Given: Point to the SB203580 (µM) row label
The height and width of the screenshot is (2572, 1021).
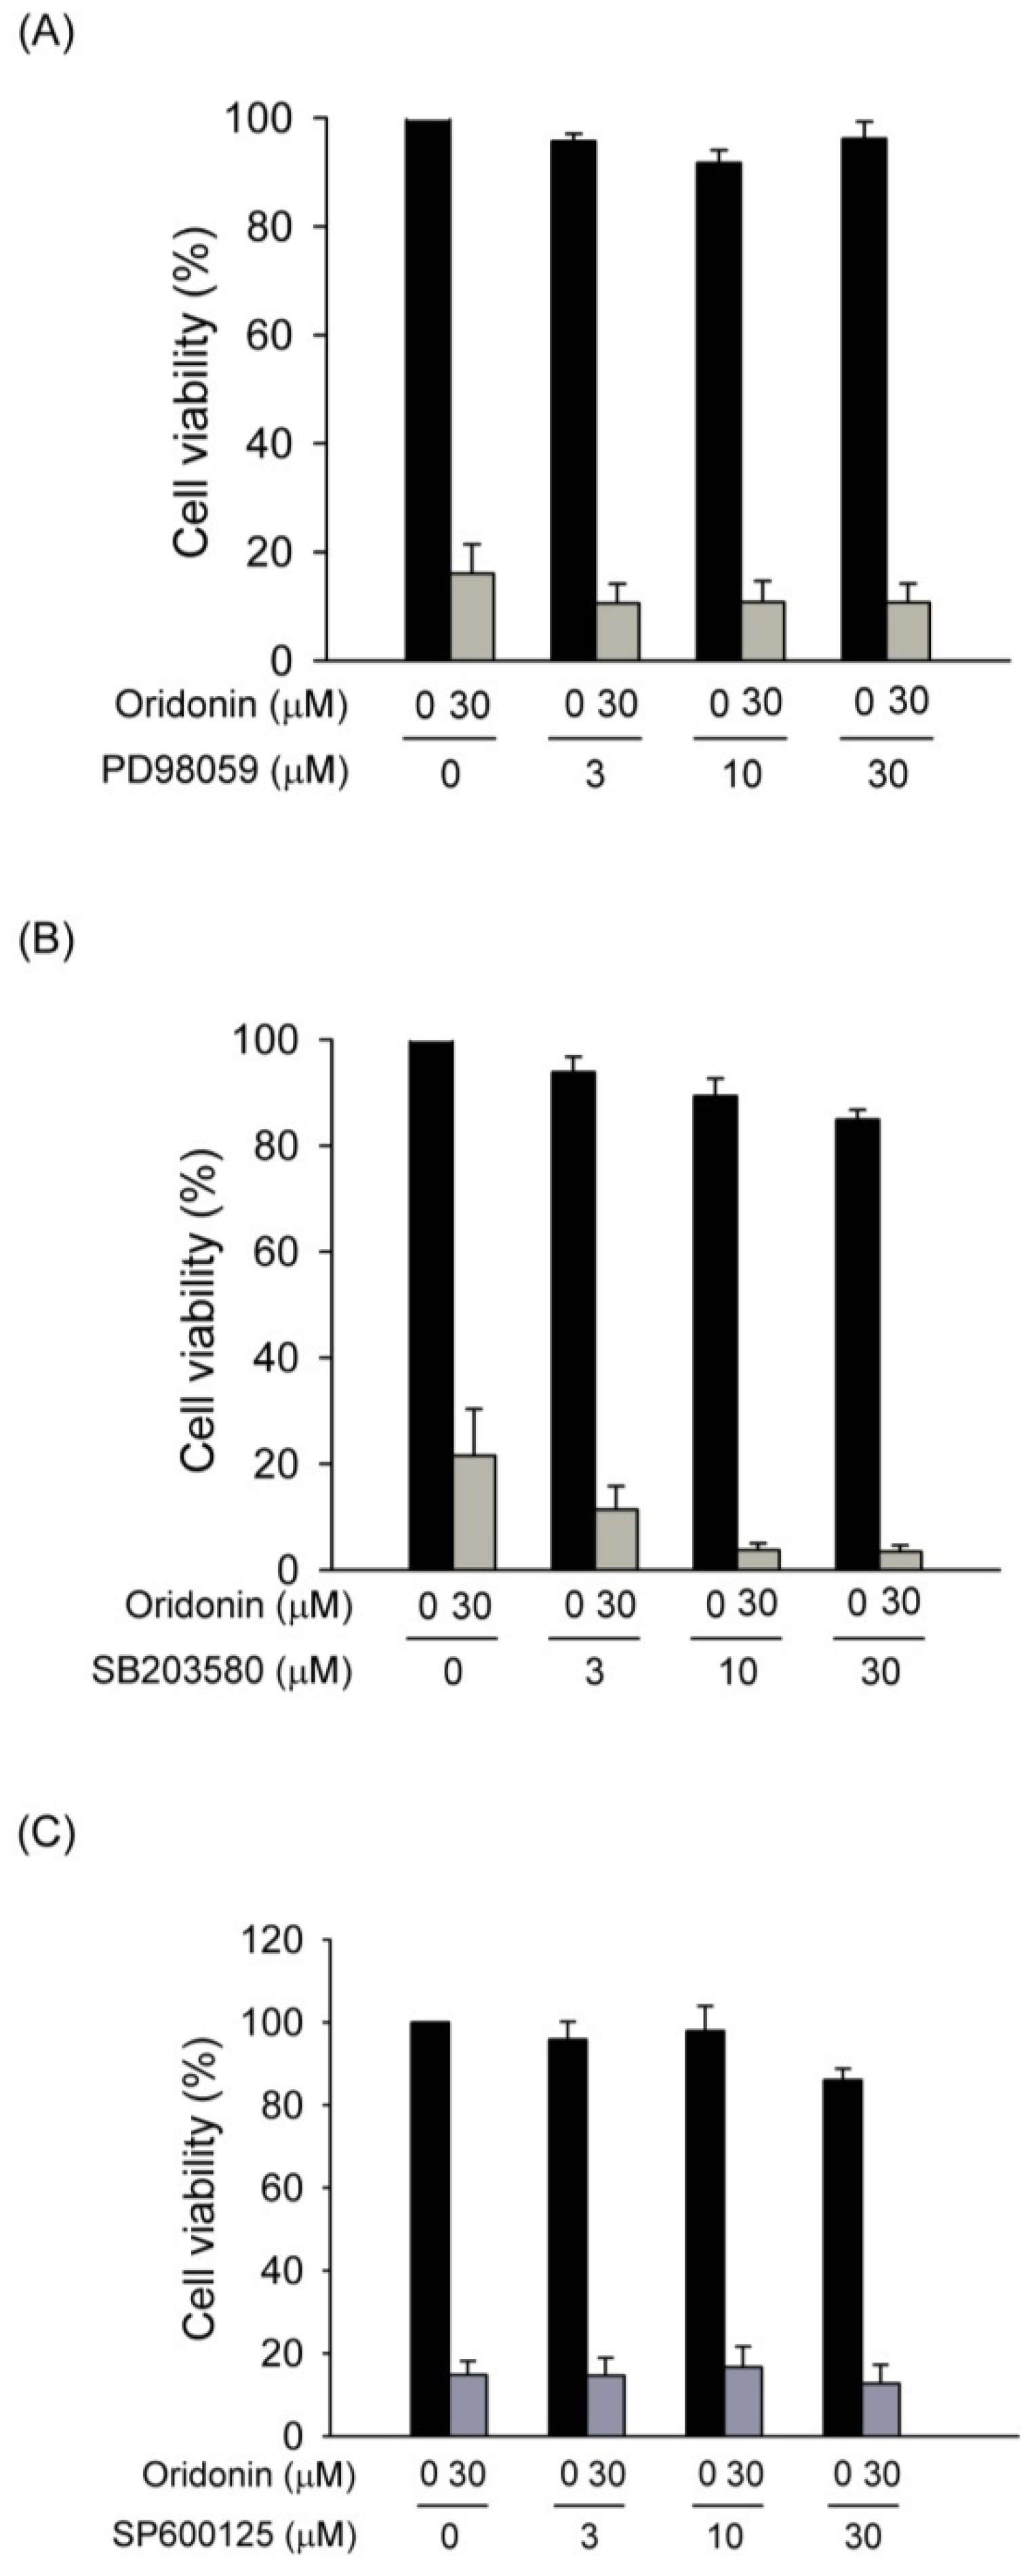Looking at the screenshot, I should tap(222, 1672).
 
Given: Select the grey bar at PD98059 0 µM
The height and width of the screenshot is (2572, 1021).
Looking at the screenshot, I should tap(472, 616).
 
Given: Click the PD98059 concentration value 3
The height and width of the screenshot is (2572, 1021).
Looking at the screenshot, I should tap(595, 775).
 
